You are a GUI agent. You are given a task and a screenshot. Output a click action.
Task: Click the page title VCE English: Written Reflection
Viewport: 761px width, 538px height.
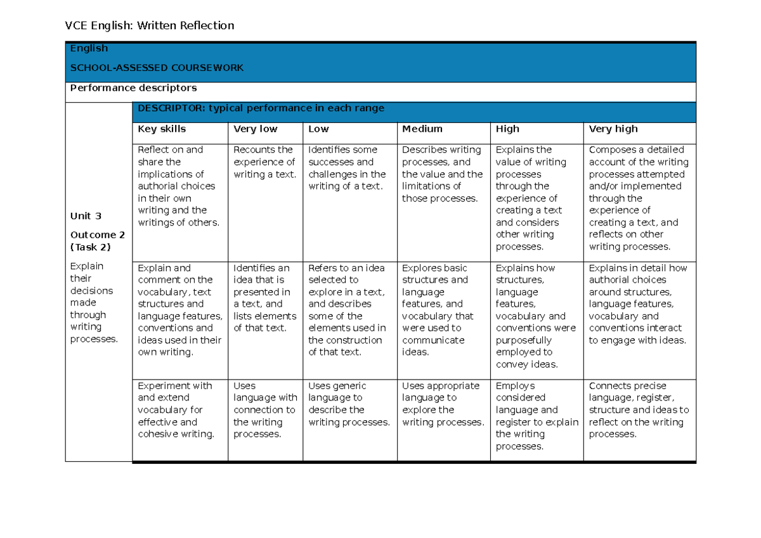pyautogui.click(x=150, y=25)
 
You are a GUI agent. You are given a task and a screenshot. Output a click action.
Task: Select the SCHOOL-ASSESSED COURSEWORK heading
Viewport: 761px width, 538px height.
pyautogui.click(x=157, y=68)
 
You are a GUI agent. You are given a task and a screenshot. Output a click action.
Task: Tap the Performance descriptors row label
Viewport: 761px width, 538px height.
pyautogui.click(x=133, y=88)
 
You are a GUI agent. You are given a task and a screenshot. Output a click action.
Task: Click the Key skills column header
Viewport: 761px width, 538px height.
pyautogui.click(x=162, y=129)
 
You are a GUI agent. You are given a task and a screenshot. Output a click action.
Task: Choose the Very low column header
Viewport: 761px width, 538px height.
pyautogui.click(x=256, y=129)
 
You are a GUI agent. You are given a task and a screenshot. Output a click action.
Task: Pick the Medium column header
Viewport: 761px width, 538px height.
pyautogui.click(x=422, y=129)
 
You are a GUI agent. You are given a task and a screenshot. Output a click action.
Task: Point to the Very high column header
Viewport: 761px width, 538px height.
pyautogui.click(x=613, y=129)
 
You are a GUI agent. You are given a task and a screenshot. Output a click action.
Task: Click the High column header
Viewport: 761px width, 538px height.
pyautogui.click(x=507, y=129)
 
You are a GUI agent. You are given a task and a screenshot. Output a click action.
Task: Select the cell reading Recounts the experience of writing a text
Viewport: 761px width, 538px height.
pyautogui.click(x=264, y=162)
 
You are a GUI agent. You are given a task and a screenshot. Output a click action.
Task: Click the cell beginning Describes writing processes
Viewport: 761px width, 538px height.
pyautogui.click(x=442, y=174)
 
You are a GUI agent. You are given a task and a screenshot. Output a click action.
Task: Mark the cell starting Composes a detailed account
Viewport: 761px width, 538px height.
pyautogui.click(x=638, y=198)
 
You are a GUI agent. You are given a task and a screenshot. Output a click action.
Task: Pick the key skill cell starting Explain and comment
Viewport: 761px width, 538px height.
pyautogui.click(x=179, y=310)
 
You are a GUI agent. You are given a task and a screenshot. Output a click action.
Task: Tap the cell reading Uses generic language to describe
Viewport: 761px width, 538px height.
pyautogui.click(x=349, y=404)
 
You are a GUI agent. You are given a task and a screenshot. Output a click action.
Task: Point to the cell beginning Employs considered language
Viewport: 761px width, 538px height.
pyautogui.click(x=537, y=416)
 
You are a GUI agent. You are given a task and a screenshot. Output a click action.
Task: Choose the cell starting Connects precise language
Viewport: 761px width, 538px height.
pyautogui.click(x=639, y=409)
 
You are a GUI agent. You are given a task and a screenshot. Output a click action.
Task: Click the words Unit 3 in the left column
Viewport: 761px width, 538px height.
pyautogui.click(x=86, y=216)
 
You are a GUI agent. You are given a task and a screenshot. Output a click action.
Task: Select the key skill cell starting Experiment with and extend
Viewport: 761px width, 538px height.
pyautogui.click(x=176, y=409)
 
